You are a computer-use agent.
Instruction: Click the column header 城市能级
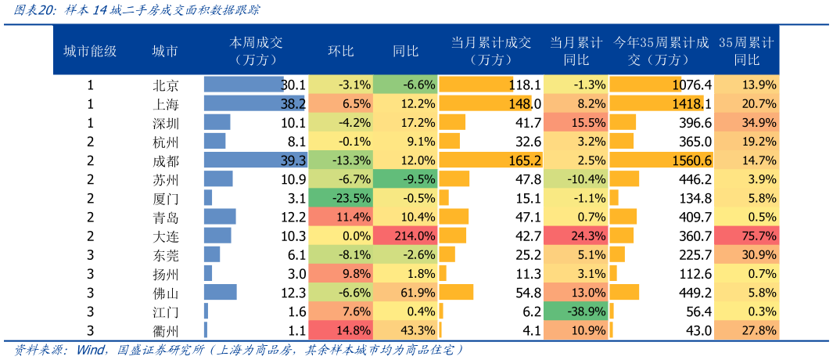(x=90, y=51)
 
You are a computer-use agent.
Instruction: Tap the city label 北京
(x=166, y=85)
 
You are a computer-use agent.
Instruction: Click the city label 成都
(x=166, y=160)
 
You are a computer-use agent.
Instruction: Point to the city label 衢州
(x=166, y=330)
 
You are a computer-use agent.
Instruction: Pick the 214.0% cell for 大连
(x=405, y=236)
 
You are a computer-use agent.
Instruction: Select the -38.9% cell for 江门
(x=576, y=311)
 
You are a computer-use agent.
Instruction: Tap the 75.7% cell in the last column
(x=746, y=236)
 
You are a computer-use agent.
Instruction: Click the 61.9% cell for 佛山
(x=405, y=293)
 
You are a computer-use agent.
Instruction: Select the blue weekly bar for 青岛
(x=220, y=217)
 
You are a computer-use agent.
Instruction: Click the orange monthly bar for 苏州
(x=454, y=179)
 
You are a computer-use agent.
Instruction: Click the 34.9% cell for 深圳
(x=746, y=123)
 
